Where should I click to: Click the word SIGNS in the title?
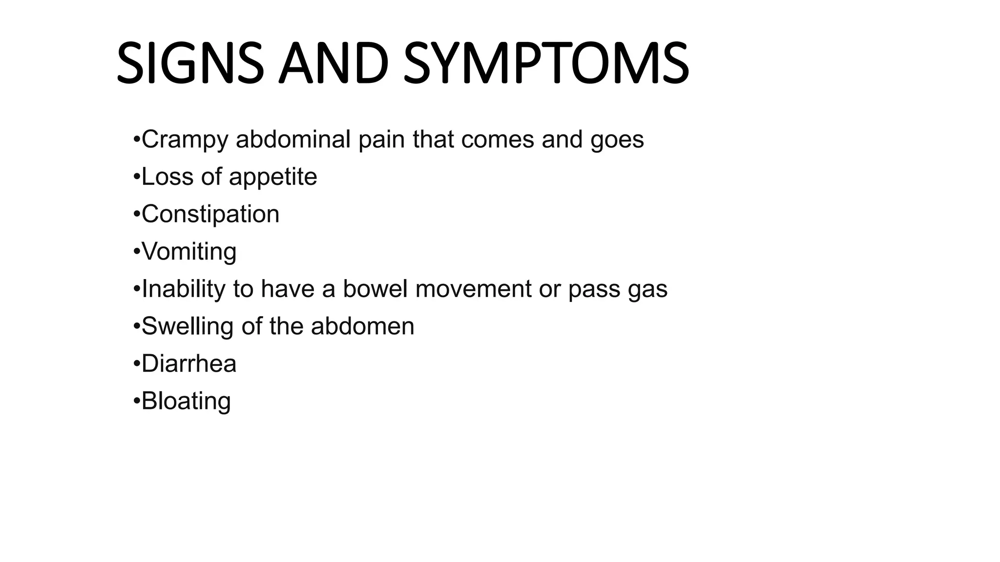pos(190,64)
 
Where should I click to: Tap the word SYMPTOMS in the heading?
pos(546,64)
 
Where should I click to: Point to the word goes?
pos(617,140)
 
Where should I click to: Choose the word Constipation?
pos(210,214)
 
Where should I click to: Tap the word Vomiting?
pos(189,252)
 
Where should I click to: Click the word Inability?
pos(183,289)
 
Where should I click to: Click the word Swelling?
pos(187,327)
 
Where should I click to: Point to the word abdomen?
pos(362,326)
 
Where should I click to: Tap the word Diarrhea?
pos(189,364)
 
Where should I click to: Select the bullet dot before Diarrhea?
pos(136,364)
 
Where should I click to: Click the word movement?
pos(473,289)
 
